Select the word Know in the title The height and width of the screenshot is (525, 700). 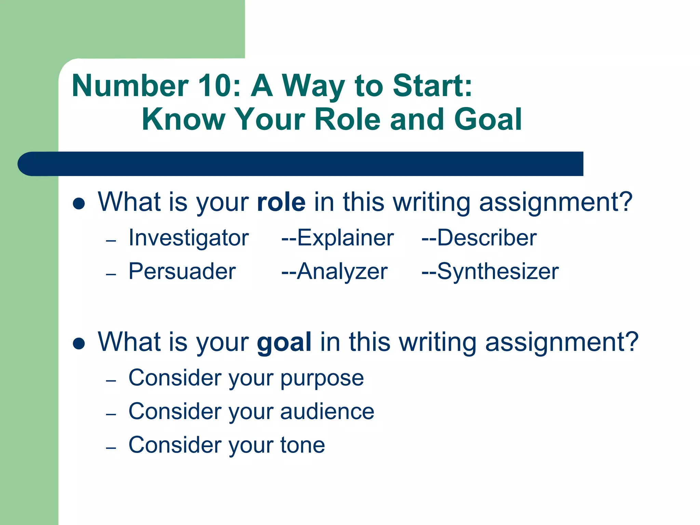click(183, 119)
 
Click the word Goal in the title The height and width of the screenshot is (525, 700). click(488, 119)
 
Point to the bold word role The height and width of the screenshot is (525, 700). click(281, 202)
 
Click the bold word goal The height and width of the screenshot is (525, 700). click(284, 342)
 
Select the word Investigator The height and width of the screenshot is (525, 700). click(189, 238)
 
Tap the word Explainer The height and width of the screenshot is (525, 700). click(345, 238)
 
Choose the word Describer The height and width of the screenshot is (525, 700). click(487, 238)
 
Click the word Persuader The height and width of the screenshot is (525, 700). click(182, 271)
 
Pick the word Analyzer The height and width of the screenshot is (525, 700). click(342, 271)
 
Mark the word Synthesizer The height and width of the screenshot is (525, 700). click(498, 272)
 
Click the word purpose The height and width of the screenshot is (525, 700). click(322, 379)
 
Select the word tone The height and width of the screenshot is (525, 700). click(302, 445)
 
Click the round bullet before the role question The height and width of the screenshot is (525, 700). click(79, 204)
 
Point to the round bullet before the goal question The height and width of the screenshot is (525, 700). click(79, 344)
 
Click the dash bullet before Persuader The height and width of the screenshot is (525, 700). click(111, 274)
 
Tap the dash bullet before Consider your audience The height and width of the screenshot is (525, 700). click(111, 415)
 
